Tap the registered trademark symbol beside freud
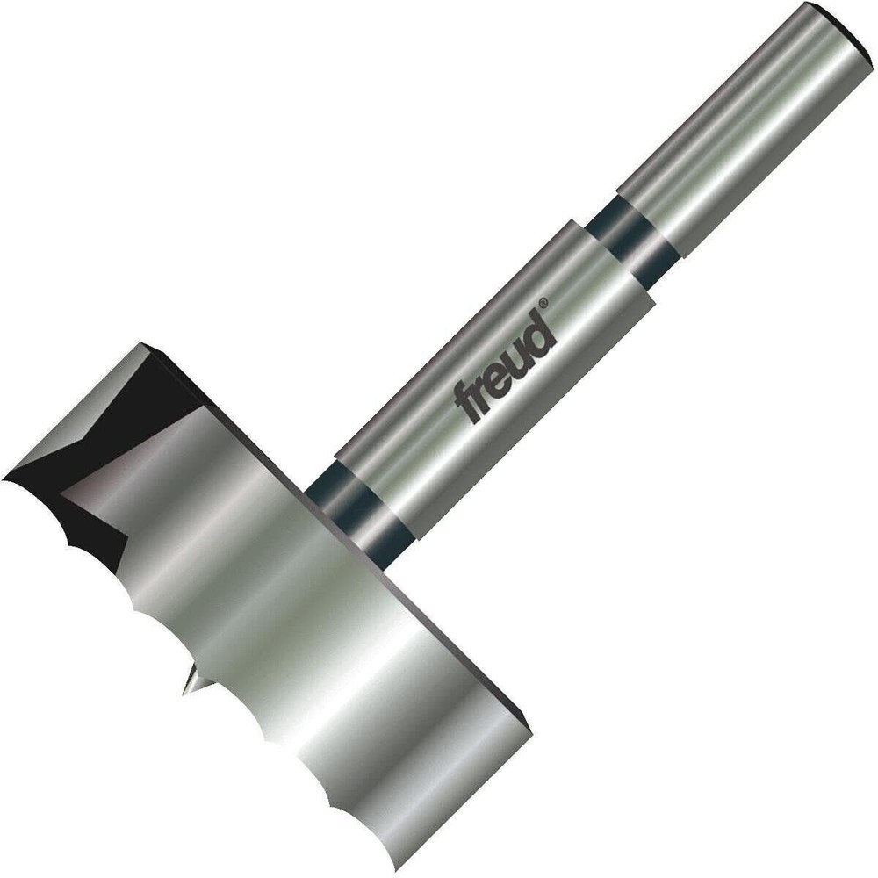click(543, 304)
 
